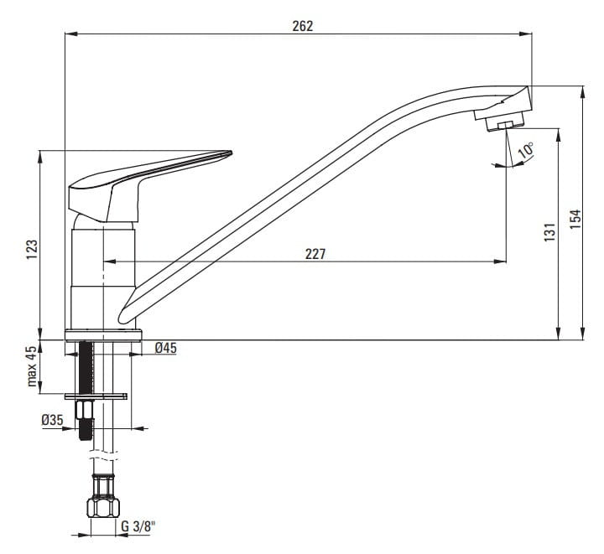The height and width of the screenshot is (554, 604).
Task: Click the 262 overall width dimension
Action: [302, 26]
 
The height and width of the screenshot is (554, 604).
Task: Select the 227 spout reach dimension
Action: [315, 254]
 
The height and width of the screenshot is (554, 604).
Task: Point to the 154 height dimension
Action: [575, 219]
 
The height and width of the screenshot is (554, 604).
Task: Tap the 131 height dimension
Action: [549, 232]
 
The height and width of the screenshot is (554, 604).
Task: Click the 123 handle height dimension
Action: [33, 249]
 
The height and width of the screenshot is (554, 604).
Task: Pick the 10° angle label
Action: [526, 150]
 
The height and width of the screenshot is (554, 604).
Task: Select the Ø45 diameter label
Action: [165, 348]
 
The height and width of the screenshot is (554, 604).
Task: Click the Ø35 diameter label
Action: [52, 420]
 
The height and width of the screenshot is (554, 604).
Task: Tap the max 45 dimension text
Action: [32, 366]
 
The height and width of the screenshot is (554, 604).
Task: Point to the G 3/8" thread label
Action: [138, 526]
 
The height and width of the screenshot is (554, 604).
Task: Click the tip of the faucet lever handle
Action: [232, 153]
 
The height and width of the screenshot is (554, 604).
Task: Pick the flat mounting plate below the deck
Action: [96, 396]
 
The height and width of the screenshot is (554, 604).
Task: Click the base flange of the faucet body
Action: [104, 335]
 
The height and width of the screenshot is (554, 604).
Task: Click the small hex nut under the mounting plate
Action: [85, 410]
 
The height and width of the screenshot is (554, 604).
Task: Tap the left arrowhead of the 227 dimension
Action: [110, 261]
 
